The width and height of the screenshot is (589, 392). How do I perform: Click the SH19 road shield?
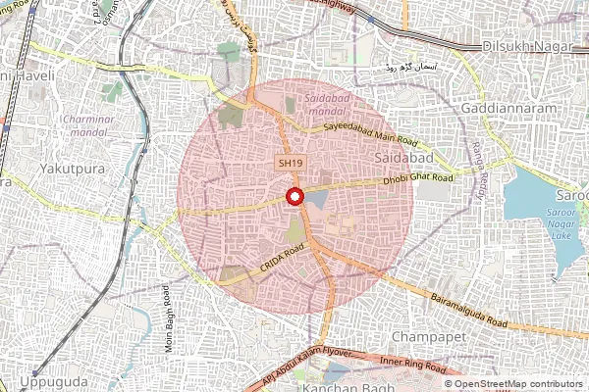point(288,163)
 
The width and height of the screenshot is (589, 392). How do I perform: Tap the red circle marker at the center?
point(294,197)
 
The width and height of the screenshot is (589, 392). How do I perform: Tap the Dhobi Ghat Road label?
point(420,179)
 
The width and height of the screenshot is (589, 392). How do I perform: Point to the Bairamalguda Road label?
point(467,309)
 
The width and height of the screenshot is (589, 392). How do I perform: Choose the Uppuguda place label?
point(48,379)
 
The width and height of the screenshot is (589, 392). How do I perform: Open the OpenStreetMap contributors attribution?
point(519,384)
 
